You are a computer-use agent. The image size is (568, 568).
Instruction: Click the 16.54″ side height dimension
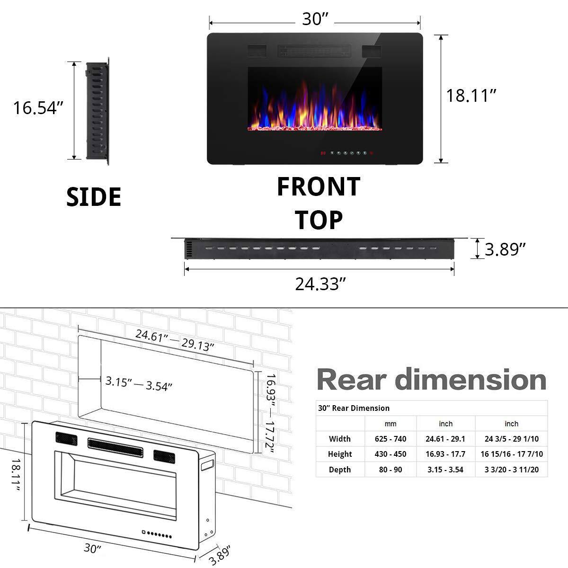click(38, 108)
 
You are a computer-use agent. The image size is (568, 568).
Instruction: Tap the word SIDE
click(94, 197)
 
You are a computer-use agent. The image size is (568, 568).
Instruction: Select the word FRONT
click(319, 186)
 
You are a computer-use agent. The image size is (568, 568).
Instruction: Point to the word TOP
click(319, 220)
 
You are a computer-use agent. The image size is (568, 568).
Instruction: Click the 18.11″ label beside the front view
click(471, 96)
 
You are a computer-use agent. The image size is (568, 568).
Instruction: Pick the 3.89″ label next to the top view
click(506, 249)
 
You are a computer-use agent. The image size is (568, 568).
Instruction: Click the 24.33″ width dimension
click(319, 284)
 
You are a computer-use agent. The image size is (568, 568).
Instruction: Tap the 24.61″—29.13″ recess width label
click(175, 340)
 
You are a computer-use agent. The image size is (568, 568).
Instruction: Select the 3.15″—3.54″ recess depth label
click(139, 384)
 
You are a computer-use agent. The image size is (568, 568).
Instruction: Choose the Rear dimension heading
click(431, 380)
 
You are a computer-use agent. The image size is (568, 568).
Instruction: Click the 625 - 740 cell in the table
click(390, 439)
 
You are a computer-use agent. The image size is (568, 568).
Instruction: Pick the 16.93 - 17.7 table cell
click(445, 454)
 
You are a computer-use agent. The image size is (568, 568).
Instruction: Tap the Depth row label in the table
click(340, 470)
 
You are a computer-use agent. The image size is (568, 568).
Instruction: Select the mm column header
click(390, 424)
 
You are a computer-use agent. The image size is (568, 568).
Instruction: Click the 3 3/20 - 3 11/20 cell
click(512, 470)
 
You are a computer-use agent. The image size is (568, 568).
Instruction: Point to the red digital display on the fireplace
click(322, 153)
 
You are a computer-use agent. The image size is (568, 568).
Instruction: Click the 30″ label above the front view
click(315, 19)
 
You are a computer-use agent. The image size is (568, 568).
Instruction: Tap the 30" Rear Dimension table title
click(354, 408)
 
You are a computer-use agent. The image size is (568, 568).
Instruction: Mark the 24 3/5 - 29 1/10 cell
click(512, 439)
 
